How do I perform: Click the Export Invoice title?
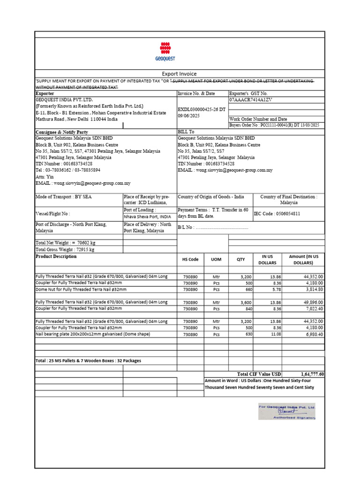179,74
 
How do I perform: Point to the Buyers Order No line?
274,125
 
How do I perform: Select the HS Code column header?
190,259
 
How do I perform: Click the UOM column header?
216,259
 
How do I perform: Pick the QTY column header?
240,259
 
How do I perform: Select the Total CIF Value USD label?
259,374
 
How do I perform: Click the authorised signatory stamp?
286,411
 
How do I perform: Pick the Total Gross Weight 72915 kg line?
65,249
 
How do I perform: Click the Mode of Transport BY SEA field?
64,197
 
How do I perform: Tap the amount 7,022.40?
311,309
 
